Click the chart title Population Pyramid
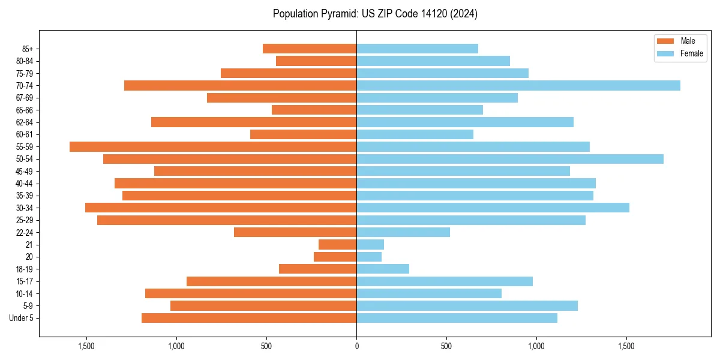coord(375,14)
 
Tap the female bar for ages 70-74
coord(518,86)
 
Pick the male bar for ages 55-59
coord(213,147)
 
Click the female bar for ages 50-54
coord(510,159)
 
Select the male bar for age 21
coord(338,245)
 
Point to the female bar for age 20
coord(369,257)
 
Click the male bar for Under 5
coord(249,318)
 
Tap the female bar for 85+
coord(417,49)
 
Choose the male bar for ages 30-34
coord(221,208)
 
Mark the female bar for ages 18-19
coord(383,269)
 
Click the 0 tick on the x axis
coord(356,347)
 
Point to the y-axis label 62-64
coord(25,122)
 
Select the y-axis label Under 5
coord(22,318)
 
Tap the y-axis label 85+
coord(27,49)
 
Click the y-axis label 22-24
coord(25,233)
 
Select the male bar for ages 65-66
coord(314,110)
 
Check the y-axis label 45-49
coord(25,172)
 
